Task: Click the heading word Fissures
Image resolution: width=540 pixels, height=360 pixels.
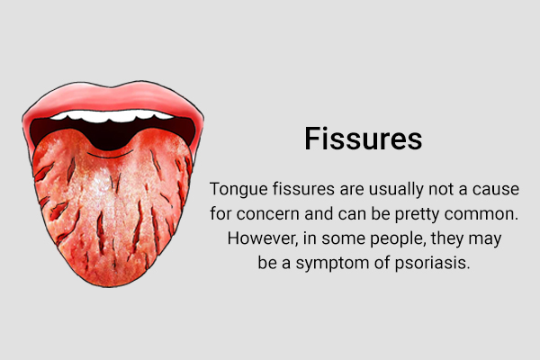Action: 364,139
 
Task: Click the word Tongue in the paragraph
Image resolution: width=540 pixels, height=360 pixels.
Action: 238,190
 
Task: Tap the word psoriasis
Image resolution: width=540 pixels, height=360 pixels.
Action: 432,264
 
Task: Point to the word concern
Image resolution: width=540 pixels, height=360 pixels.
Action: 268,214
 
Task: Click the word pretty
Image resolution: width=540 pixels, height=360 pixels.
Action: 417,215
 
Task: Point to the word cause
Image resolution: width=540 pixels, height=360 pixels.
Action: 496,190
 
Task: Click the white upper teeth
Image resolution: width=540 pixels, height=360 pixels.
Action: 112,116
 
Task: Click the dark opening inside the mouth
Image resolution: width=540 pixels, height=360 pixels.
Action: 112,134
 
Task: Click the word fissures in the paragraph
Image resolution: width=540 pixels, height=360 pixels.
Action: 303,189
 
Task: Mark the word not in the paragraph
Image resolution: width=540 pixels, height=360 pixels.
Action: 441,190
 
